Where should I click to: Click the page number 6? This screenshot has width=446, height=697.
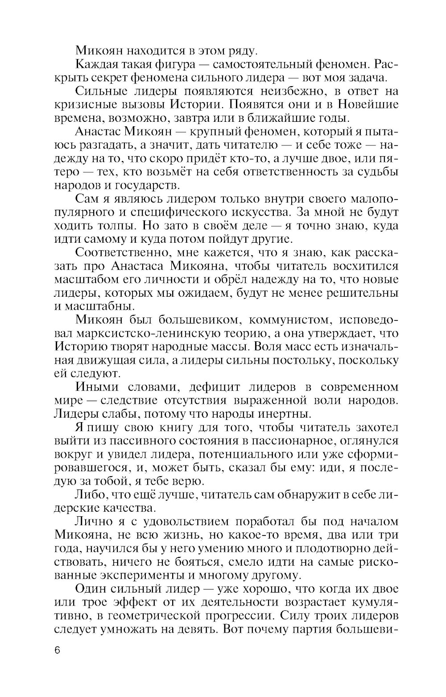click(x=57, y=650)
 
